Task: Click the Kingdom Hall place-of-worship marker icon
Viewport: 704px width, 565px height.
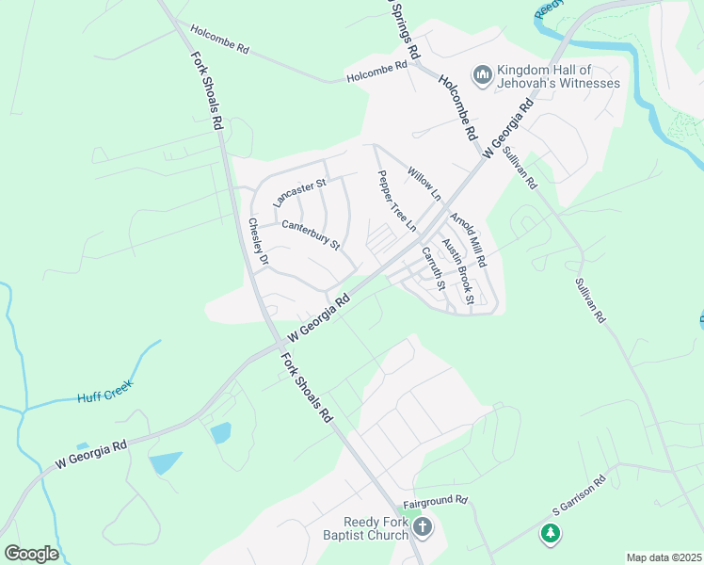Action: [x=482, y=74]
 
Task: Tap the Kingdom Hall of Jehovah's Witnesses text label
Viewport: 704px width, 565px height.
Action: [x=558, y=76]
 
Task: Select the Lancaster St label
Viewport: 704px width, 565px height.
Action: [x=298, y=193]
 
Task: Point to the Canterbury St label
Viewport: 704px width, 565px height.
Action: [x=311, y=234]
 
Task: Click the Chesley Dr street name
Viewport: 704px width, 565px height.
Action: [x=259, y=241]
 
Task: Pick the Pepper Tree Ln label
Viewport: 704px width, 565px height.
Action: [x=396, y=201]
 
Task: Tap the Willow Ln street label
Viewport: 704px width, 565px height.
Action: [x=424, y=184]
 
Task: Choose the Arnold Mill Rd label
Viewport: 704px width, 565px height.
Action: [x=467, y=239]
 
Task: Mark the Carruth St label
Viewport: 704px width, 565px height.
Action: [x=433, y=267]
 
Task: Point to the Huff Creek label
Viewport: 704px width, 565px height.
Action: [x=105, y=391]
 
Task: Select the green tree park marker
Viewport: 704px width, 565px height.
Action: [x=550, y=534]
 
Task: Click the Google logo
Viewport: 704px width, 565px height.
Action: [x=31, y=553]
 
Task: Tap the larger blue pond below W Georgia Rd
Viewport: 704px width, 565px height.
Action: [x=165, y=462]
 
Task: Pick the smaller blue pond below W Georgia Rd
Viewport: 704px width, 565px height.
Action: [x=221, y=432]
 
